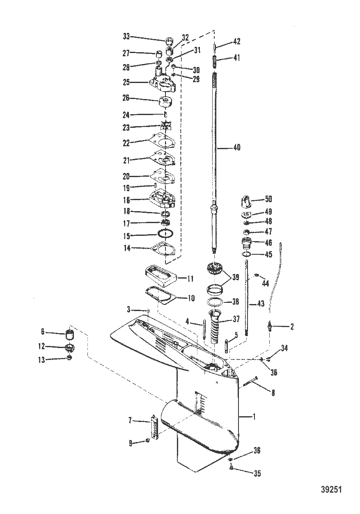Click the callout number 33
pos(126,37)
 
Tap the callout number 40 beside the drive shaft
pos(237,147)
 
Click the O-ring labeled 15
pos(165,234)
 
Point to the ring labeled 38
pos(215,301)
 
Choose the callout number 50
pos(268,199)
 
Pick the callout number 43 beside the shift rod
pos(261,304)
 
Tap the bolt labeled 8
pos(250,381)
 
